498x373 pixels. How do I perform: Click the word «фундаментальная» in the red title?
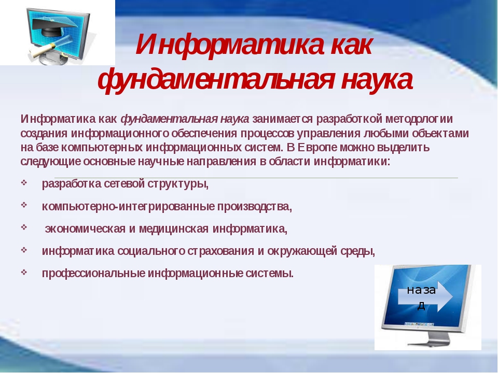pyautogui.click(x=216, y=80)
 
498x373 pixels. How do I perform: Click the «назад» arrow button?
pyautogui.click(x=425, y=297)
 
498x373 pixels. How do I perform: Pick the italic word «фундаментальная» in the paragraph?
pyautogui.click(x=162, y=120)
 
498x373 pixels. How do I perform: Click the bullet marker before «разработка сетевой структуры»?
pyautogui.click(x=24, y=182)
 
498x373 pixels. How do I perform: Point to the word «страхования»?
pyautogui.click(x=221, y=251)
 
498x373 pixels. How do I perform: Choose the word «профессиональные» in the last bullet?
pyautogui.click(x=93, y=274)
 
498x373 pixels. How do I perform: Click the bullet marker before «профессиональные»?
pyautogui.click(x=24, y=272)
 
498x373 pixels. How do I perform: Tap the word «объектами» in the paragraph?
pyautogui.click(x=440, y=134)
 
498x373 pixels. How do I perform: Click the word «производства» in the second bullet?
pyautogui.click(x=254, y=207)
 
